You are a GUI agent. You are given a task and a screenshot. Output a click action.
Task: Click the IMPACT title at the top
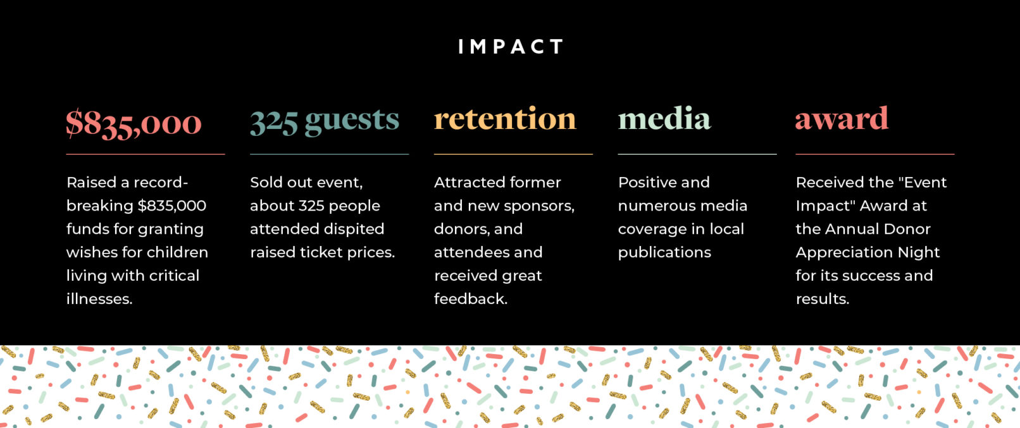(511, 46)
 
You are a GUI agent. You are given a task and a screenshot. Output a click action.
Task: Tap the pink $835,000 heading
(134, 123)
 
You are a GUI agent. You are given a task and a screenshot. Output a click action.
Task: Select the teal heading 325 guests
(324, 121)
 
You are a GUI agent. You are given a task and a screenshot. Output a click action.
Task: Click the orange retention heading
(504, 118)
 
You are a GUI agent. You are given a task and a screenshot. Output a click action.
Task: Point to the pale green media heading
(664, 118)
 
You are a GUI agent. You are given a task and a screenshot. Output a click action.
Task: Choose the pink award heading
(842, 118)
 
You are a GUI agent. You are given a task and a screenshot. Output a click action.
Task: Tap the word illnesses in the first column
(99, 299)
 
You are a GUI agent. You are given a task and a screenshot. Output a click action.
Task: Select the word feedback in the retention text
(470, 299)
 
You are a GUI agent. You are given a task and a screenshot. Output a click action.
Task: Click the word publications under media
(664, 253)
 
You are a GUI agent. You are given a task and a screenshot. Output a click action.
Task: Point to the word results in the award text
(823, 299)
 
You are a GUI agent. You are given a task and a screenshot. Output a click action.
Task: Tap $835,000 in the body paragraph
(171, 205)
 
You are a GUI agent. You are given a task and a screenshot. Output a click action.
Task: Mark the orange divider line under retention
(513, 154)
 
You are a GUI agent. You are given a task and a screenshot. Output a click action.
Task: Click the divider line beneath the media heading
(697, 154)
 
